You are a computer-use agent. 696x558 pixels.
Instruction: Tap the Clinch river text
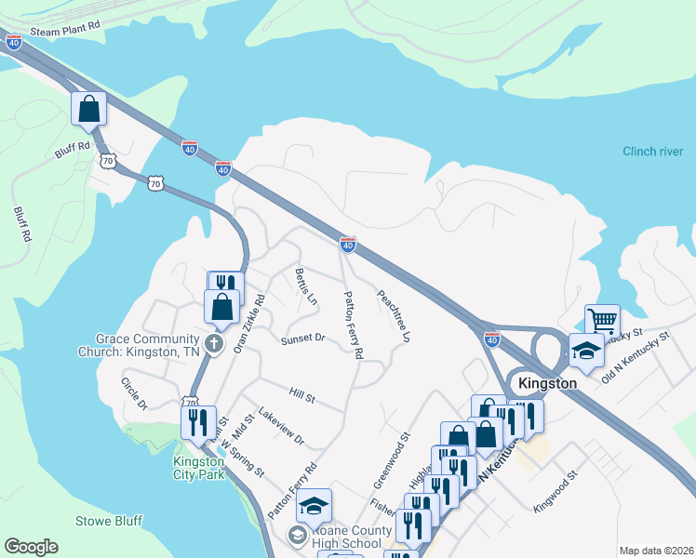coord(652,152)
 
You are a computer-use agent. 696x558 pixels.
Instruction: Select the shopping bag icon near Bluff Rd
coord(88,109)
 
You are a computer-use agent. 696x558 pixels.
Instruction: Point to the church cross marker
coord(214,345)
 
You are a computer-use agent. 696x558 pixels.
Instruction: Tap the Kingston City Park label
coord(198,469)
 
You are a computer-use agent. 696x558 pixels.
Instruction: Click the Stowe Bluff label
coord(109,522)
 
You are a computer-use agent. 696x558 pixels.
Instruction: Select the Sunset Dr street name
coord(302,339)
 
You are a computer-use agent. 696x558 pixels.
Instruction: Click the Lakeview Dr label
coord(281,426)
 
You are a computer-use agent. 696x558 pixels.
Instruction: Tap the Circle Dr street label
coord(134,393)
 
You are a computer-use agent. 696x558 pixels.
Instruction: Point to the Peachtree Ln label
coord(393,316)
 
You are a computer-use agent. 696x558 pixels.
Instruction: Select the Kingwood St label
coord(555,489)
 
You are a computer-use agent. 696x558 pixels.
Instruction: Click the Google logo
coord(31,547)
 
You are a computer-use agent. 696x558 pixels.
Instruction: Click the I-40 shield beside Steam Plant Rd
coord(13,42)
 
